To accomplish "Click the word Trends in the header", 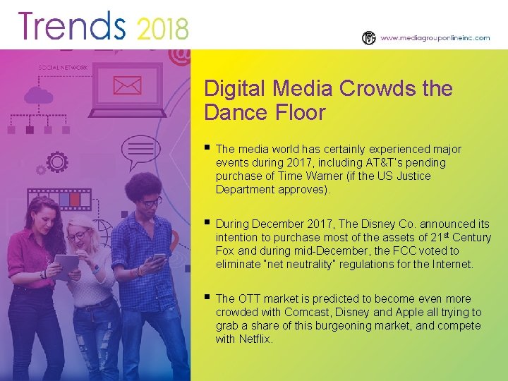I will click(x=72, y=26).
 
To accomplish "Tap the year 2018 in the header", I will click(x=162, y=29).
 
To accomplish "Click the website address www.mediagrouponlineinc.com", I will click(x=435, y=38).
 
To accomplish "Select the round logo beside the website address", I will click(x=369, y=38).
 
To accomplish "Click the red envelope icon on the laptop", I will click(x=126, y=86).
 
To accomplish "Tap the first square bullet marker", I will click(x=207, y=147).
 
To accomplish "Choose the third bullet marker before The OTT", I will click(x=207, y=297).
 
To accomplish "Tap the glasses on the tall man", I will click(x=151, y=203).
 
